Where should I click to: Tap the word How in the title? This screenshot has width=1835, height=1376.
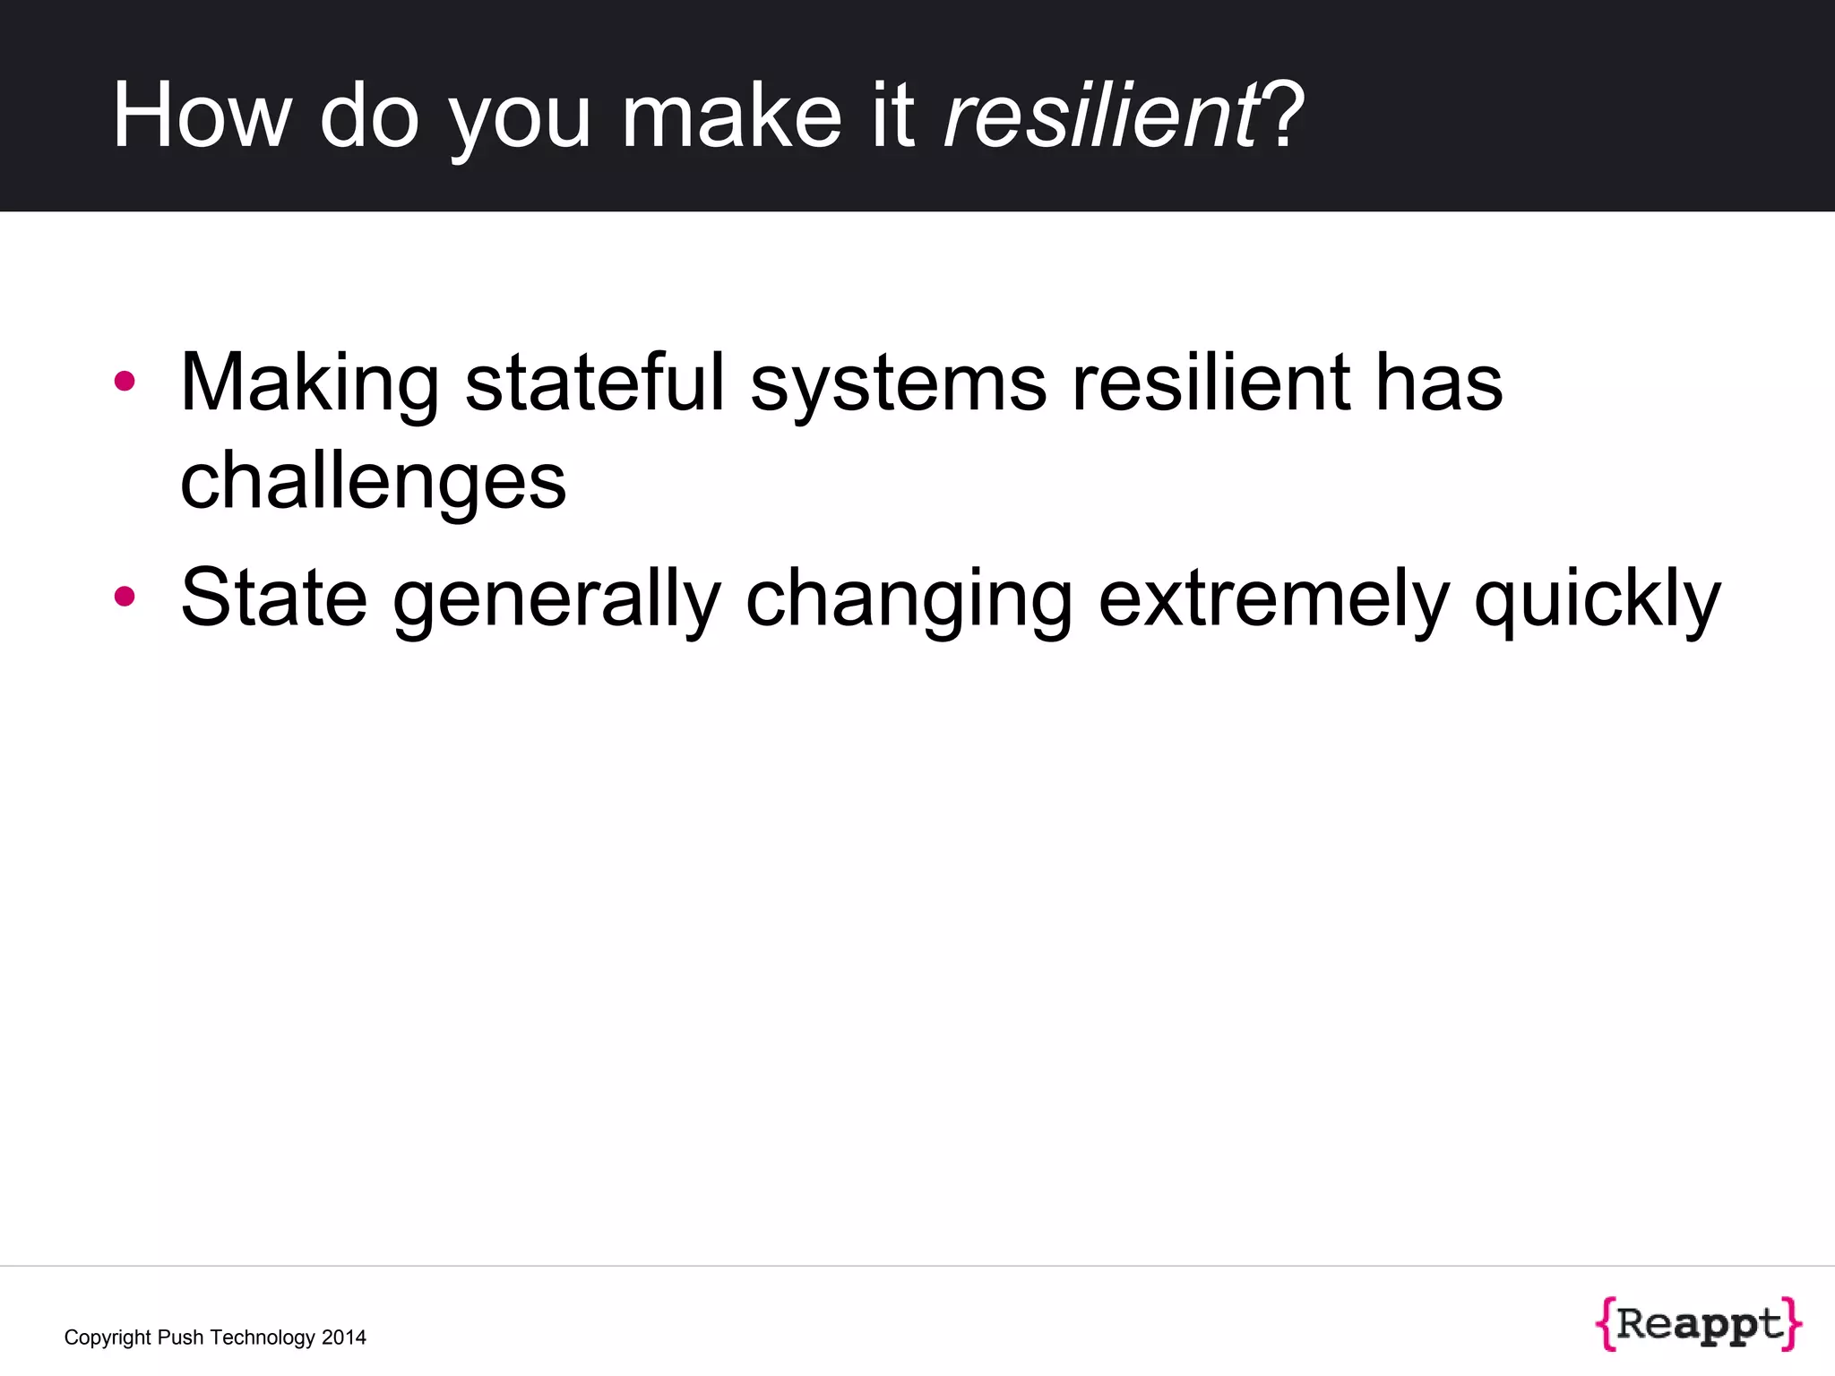tap(202, 116)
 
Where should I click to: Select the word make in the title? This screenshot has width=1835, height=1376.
tap(730, 116)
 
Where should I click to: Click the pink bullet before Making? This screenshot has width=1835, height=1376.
tap(125, 382)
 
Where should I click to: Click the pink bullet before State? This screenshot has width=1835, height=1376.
tap(125, 597)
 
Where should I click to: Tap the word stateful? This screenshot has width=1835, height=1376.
tap(594, 383)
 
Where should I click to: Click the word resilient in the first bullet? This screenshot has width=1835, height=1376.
tap(1210, 383)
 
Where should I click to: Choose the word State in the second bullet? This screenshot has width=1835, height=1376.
tap(273, 598)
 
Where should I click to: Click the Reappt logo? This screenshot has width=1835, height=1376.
tap(1698, 1324)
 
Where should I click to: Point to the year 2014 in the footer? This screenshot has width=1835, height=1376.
tap(343, 1337)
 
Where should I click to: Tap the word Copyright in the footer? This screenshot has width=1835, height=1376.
tap(108, 1337)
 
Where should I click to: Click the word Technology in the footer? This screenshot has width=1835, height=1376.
tap(262, 1337)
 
